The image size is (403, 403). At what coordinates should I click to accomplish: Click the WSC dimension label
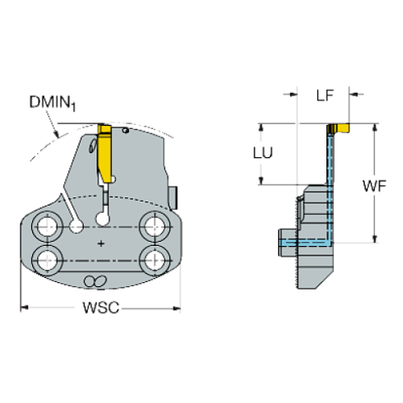100,308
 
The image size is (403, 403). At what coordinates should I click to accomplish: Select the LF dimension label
325,97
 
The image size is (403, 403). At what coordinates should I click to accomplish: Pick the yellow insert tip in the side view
338,128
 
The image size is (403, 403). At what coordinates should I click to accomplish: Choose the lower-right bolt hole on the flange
152,260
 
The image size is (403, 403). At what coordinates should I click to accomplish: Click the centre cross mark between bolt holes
100,243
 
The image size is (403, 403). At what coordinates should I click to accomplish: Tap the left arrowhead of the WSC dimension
25,308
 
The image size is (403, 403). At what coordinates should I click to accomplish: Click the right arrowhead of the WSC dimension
176,308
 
